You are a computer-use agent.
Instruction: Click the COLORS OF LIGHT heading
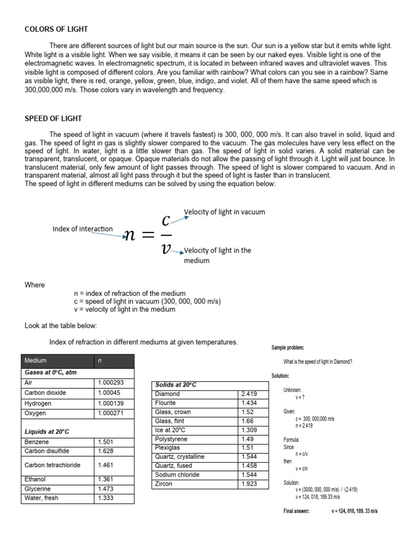pos(56,29)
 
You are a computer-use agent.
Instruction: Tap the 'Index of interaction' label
pos(83,229)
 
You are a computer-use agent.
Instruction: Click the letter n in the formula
pos(130,235)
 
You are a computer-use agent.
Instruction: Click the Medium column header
pos(36,361)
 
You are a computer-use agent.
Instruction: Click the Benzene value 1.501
pos(105,442)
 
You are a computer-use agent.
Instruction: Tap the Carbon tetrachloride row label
pos(52,465)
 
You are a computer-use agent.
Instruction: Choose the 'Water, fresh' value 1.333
pos(105,498)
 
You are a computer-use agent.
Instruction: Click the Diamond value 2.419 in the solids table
pos(249,394)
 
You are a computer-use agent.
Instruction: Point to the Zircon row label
pos(164,484)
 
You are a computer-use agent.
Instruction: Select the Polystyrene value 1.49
pos(247,439)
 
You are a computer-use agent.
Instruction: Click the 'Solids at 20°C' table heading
pos(176,385)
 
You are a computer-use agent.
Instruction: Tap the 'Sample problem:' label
pos(288,348)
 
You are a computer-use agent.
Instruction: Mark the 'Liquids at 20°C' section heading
pos(47,431)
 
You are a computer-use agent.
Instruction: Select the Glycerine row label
pos(38,489)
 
